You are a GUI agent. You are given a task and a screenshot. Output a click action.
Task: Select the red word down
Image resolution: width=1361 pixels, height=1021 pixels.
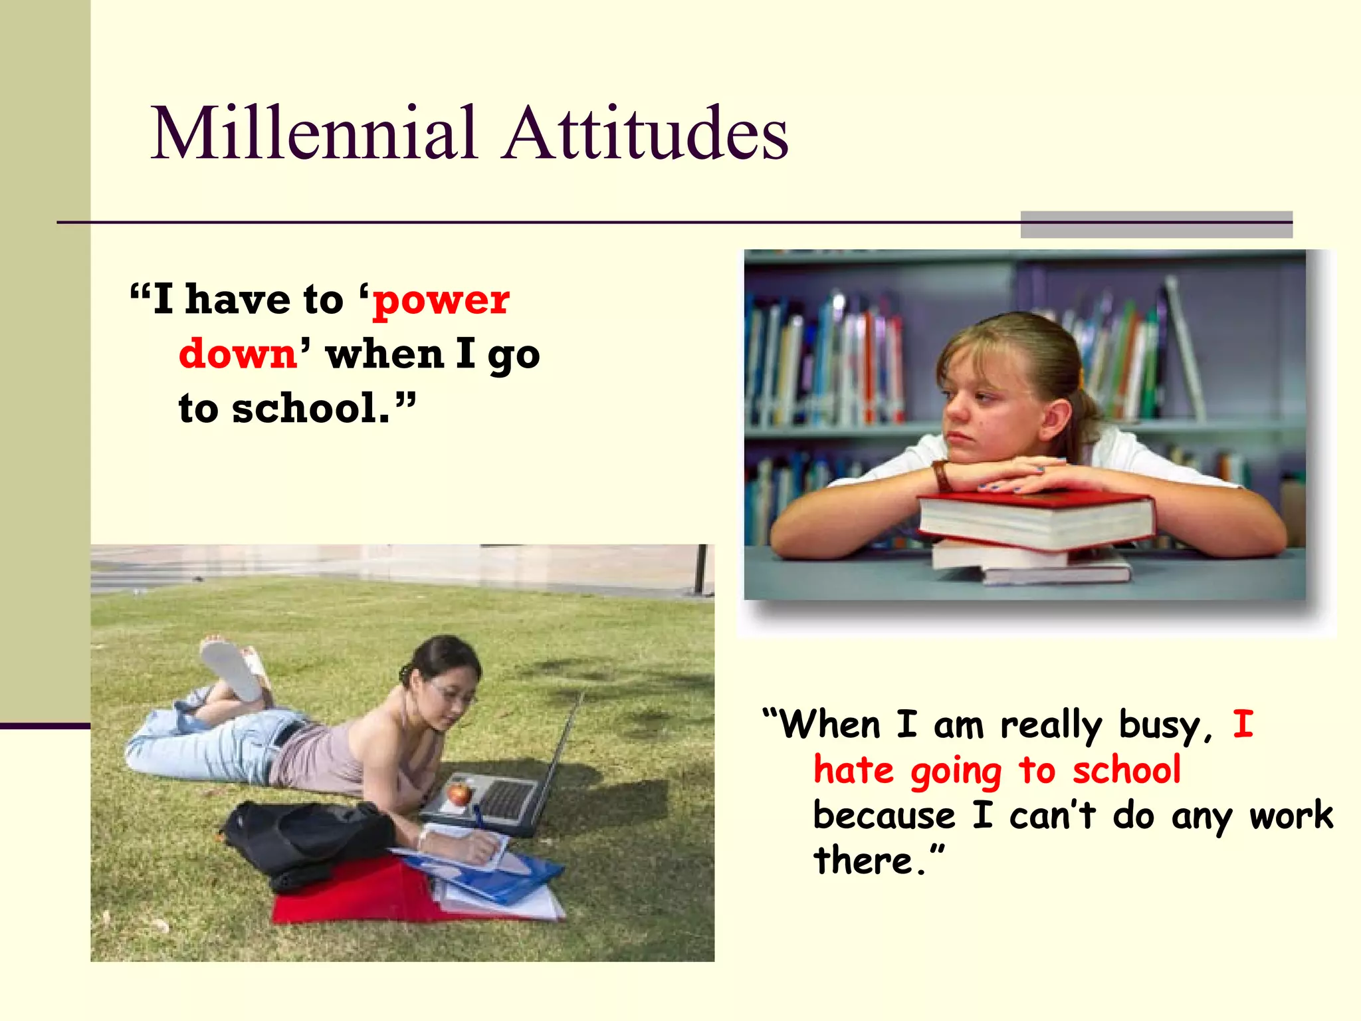click(238, 354)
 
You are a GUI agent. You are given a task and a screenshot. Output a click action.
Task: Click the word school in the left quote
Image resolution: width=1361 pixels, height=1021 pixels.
click(310, 408)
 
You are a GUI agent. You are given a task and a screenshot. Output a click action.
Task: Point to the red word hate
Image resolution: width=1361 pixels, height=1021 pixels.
click(853, 771)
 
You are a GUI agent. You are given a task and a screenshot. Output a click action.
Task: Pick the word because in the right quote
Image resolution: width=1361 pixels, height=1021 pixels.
click(884, 816)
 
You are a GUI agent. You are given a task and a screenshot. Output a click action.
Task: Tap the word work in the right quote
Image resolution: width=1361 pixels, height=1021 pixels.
click(1291, 816)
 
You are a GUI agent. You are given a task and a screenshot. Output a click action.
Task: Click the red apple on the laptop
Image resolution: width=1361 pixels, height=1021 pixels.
click(458, 792)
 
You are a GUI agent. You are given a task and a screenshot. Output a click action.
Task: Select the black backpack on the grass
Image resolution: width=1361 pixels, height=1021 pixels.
click(306, 841)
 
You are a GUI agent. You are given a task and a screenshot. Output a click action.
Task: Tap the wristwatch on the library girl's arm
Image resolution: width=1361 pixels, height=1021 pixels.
click(941, 476)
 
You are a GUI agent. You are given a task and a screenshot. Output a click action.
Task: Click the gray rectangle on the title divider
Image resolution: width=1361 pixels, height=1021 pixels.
click(1156, 225)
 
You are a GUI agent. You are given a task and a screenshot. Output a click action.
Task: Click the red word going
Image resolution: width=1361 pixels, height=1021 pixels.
click(956, 772)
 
